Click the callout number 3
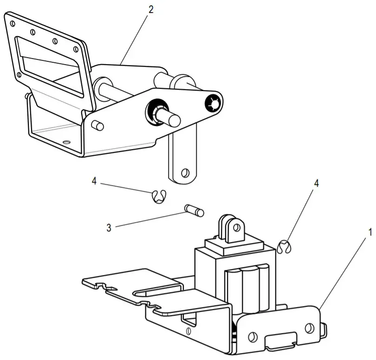point(109,228)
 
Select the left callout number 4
point(94,181)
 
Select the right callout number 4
point(317,183)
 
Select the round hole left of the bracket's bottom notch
point(253,335)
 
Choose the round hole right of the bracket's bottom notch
point(309,328)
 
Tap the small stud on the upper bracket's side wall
point(97,124)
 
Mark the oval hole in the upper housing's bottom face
point(67,142)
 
